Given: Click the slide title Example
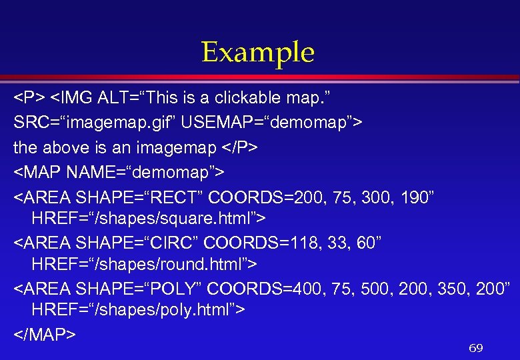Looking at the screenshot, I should point(258,53).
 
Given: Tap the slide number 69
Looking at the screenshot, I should point(475,348).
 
